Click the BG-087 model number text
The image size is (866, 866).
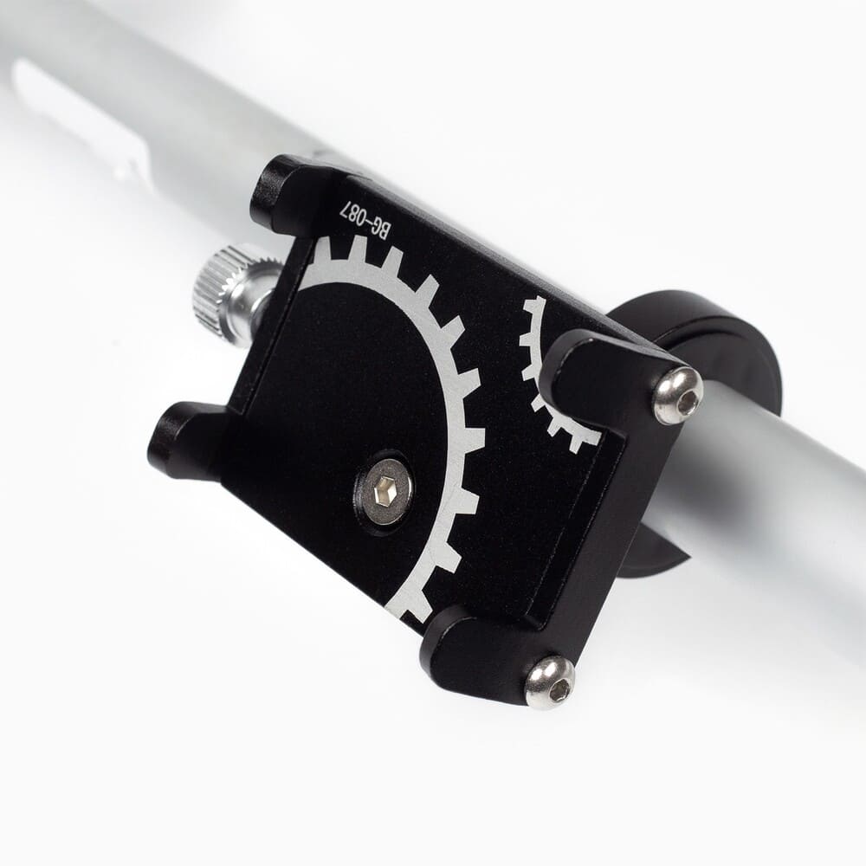[365, 220]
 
